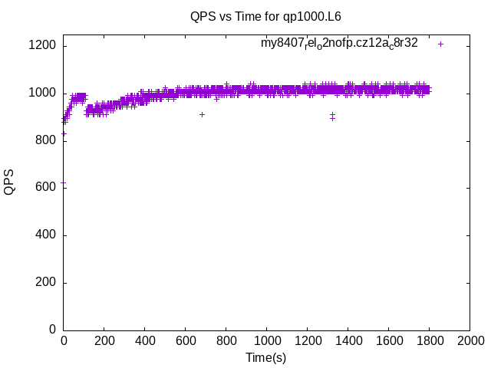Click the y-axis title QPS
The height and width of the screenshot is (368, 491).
tap(9, 182)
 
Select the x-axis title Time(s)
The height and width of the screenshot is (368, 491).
tap(265, 357)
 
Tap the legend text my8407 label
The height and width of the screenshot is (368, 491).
tap(339, 44)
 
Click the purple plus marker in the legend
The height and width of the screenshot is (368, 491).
tap(440, 44)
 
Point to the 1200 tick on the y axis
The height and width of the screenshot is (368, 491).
tap(42, 46)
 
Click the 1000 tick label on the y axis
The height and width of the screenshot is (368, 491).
tap(42, 94)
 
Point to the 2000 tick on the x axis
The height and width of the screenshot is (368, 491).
tap(469, 342)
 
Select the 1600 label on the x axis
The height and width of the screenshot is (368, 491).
tap(387, 342)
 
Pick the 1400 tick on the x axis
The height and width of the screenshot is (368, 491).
tap(347, 342)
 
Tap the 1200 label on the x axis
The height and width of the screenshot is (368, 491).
tap(306, 342)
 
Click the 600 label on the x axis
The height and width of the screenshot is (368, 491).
tap(185, 342)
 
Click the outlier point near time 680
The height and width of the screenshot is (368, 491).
tap(202, 114)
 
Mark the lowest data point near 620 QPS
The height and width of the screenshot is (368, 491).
tap(64, 182)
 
